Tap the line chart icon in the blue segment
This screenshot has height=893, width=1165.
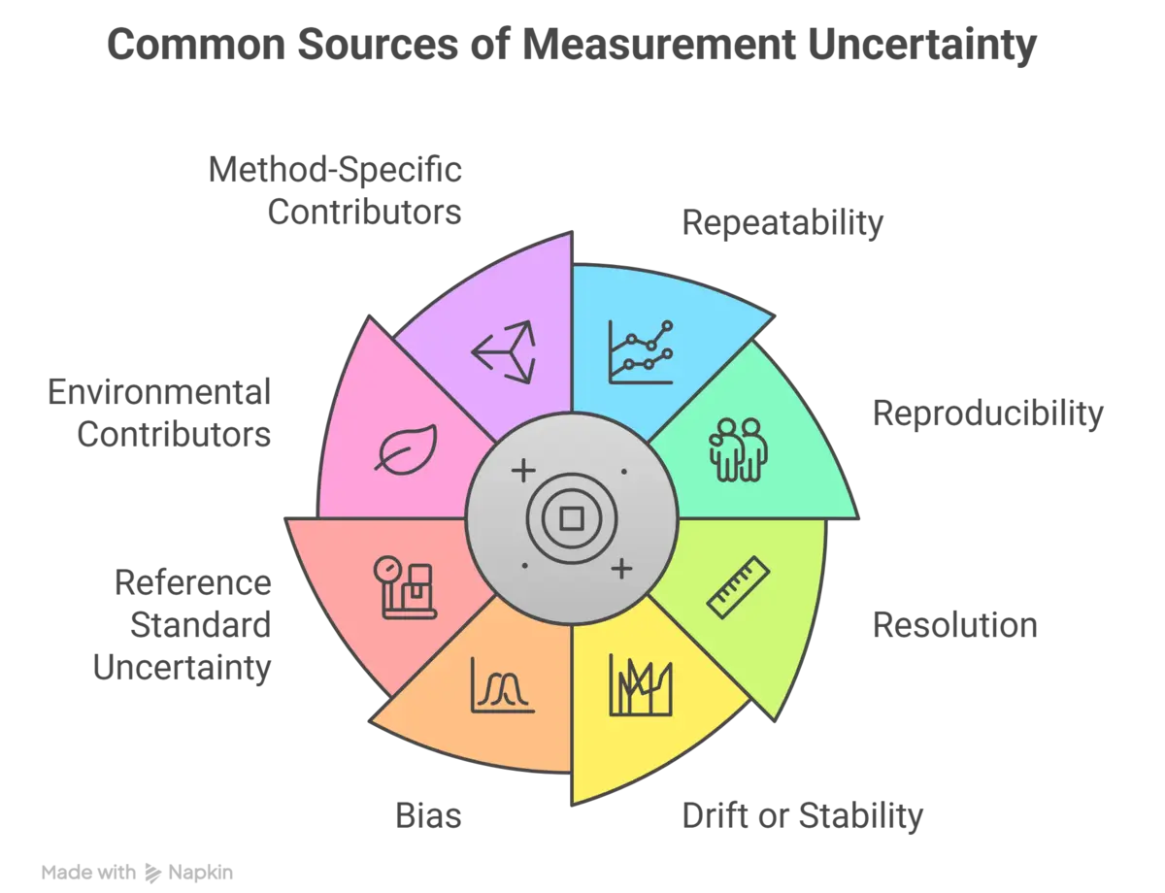[640, 351]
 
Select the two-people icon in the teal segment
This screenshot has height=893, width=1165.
[739, 449]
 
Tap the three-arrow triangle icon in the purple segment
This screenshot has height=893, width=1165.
[502, 351]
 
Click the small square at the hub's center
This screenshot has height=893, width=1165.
[571, 518]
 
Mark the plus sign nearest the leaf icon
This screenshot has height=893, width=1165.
[522, 472]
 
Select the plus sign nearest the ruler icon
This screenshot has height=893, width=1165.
[619, 567]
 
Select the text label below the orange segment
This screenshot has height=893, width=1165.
[431, 818]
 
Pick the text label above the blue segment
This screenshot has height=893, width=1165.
[784, 221]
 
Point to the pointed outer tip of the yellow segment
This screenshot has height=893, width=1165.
[573, 802]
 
